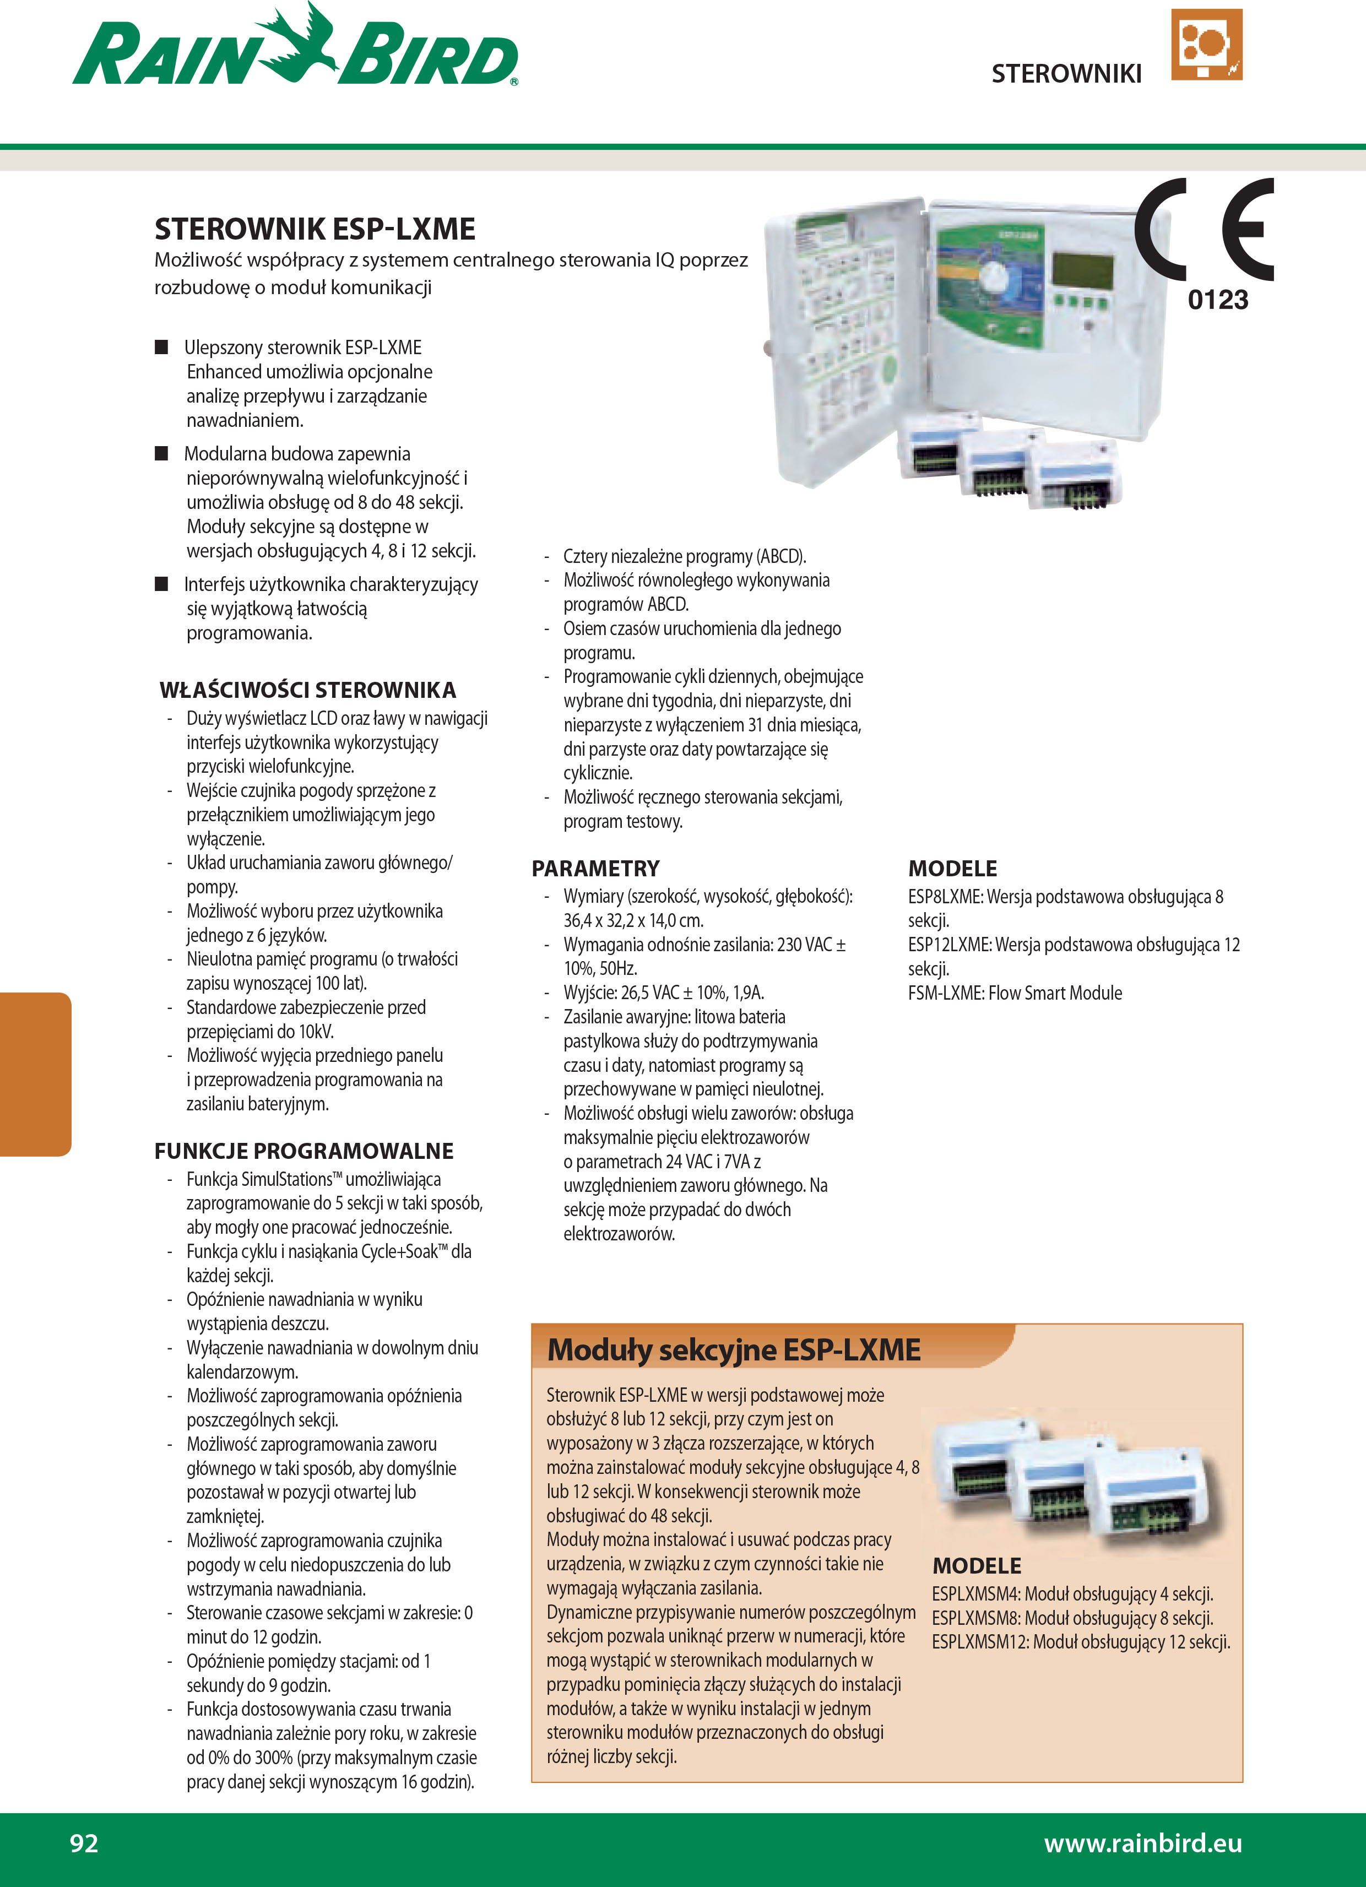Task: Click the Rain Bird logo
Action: pyautogui.click(x=295, y=50)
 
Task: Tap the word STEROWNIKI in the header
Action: pyautogui.click(x=1066, y=74)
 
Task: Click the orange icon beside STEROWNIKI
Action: pyautogui.click(x=1206, y=45)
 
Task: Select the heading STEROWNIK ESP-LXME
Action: pyautogui.click(x=315, y=229)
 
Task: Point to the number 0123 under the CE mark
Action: pyautogui.click(x=1217, y=300)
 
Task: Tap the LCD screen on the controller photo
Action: pyautogui.click(x=1082, y=269)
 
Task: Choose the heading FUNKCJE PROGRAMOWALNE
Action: pyautogui.click(x=303, y=1151)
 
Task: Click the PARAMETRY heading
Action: pyautogui.click(x=595, y=869)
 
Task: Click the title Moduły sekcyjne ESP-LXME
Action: pyautogui.click(x=734, y=1349)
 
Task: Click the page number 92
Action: pyautogui.click(x=84, y=1843)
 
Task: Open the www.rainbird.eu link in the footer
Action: pyautogui.click(x=1142, y=1843)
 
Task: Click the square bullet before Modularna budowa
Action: pyautogui.click(x=162, y=453)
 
